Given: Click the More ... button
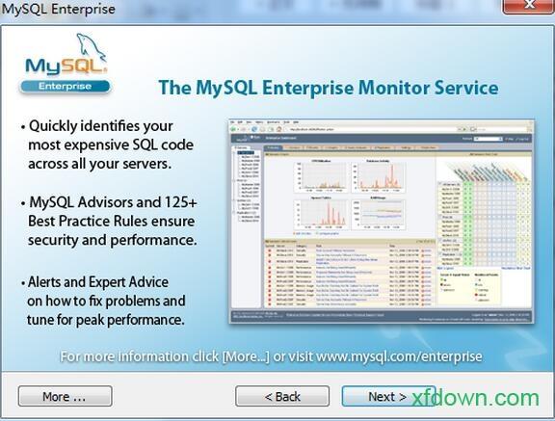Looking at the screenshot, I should pyautogui.click(x=65, y=396).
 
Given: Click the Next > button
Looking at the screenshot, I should pyautogui.click(x=382, y=396).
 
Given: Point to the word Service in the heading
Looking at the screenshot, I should pyautogui.click(x=462, y=88).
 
